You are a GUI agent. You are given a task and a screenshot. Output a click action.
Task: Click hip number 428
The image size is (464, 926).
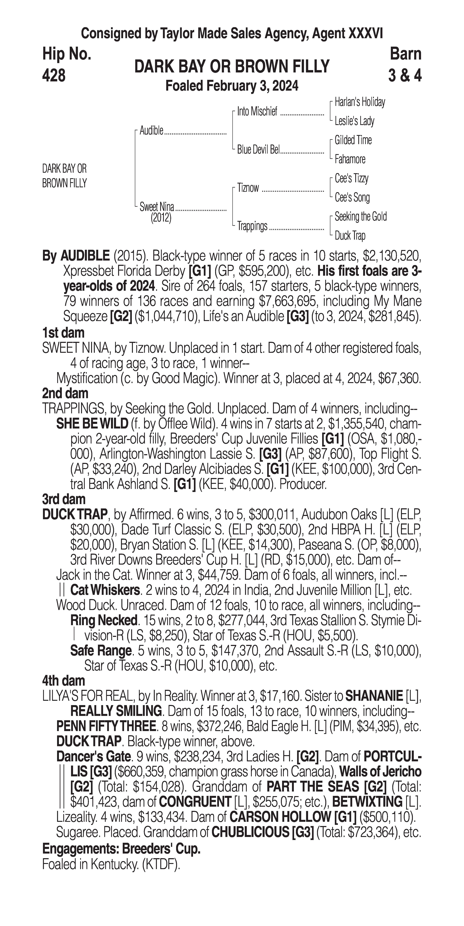54,75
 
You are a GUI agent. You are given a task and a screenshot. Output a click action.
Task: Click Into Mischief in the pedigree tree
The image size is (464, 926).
257,112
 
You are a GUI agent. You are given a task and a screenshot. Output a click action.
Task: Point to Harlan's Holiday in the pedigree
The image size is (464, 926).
360,102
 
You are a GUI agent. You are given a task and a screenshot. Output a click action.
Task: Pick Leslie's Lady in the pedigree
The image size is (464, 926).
354,121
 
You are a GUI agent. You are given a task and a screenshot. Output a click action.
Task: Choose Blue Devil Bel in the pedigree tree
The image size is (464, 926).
258,150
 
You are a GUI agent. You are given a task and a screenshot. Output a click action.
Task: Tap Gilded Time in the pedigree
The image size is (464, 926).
353,140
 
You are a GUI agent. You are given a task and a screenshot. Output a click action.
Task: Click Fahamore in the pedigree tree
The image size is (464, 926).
350,159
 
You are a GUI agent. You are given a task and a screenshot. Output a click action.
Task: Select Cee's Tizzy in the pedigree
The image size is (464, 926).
351,178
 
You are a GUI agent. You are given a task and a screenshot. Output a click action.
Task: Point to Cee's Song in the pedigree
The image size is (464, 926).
352,197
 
